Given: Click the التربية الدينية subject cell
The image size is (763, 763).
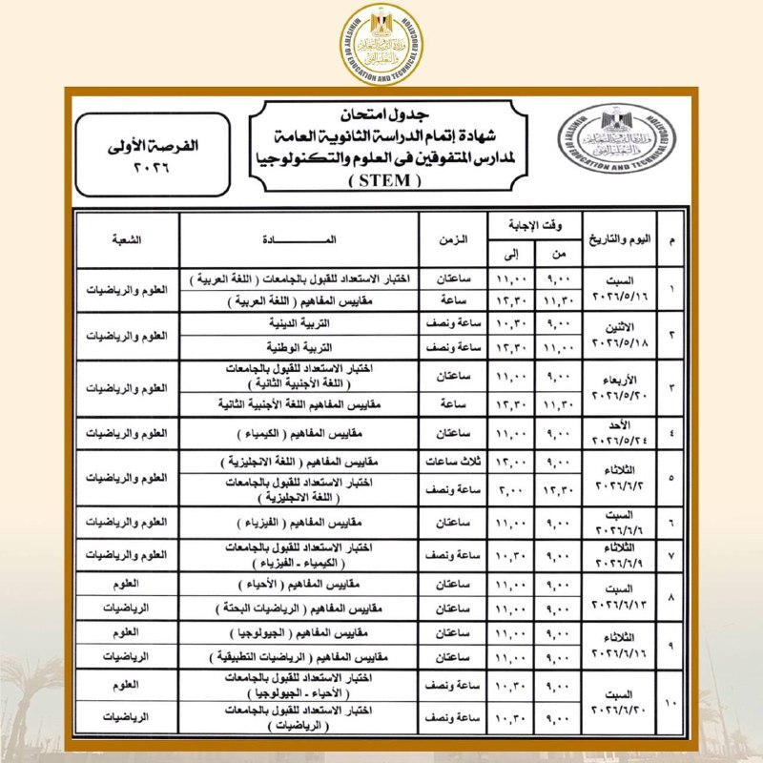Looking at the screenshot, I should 299,323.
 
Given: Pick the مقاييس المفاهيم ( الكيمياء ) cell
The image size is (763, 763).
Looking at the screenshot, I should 299,434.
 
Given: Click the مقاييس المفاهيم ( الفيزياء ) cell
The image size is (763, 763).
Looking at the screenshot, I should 299,523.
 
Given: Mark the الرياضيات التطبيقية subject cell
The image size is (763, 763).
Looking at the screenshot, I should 299,657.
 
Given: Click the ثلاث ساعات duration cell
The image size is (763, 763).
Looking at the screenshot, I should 455,463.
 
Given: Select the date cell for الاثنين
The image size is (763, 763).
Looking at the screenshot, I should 622,335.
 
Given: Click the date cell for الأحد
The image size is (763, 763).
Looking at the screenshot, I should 622,434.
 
